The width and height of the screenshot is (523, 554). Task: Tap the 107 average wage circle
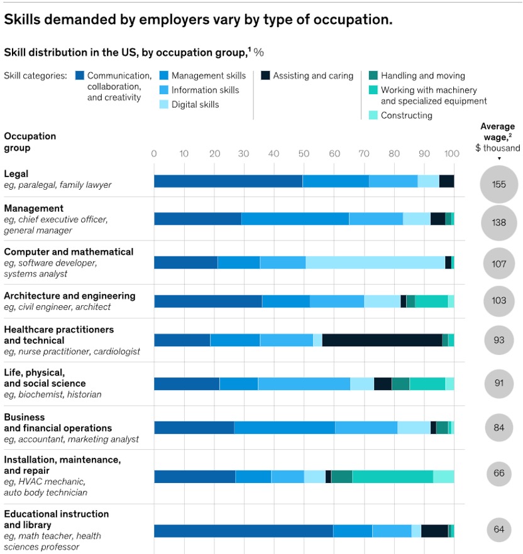[498, 264]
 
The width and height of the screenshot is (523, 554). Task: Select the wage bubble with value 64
[498, 529]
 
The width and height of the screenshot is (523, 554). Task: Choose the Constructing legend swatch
[373, 115]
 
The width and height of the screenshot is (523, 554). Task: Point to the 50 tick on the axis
[303, 153]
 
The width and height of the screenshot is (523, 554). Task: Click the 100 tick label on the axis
[451, 153]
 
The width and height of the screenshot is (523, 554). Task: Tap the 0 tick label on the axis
[154, 153]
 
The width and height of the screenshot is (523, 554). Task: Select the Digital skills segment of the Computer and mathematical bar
[375, 263]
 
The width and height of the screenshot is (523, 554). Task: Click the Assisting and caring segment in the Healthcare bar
[382, 340]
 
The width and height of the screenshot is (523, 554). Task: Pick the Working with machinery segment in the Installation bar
[393, 476]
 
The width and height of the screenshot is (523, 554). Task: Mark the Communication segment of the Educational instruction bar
[243, 531]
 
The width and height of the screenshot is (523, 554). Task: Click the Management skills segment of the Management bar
[295, 219]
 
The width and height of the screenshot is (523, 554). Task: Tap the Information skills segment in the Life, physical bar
[304, 384]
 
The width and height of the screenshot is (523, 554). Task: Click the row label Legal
[16, 174]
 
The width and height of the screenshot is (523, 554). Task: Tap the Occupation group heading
[30, 142]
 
